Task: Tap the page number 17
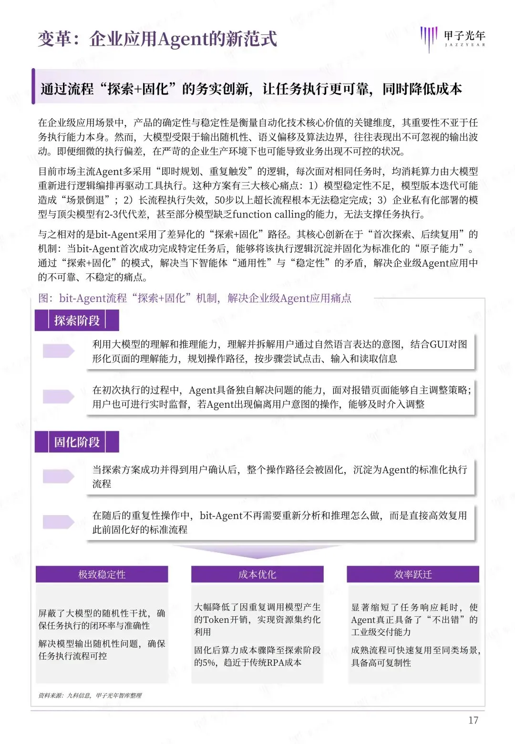pyautogui.click(x=473, y=720)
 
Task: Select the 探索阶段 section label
pyautogui.click(x=77, y=320)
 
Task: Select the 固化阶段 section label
pyautogui.click(x=77, y=442)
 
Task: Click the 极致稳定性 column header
pyautogui.click(x=102, y=574)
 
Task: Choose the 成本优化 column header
pyautogui.click(x=257, y=574)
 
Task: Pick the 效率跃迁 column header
pyautogui.click(x=413, y=574)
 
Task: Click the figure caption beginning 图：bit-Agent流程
pyautogui.click(x=195, y=298)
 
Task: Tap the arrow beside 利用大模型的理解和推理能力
pyautogui.click(x=58, y=351)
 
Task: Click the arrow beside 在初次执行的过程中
pyautogui.click(x=58, y=396)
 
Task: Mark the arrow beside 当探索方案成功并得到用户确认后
pyautogui.click(x=58, y=476)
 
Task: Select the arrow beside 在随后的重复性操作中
pyautogui.click(x=58, y=522)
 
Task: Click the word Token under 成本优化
pyautogui.click(x=217, y=620)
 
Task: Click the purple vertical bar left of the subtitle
pyautogui.click(x=33, y=86)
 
